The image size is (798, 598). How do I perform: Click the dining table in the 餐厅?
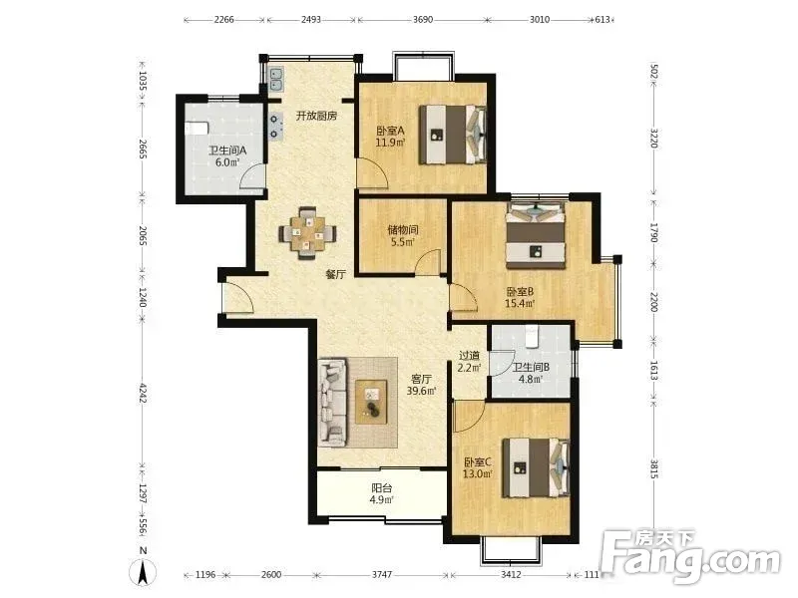pyautogui.click(x=307, y=233)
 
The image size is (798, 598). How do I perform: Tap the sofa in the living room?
pyautogui.click(x=333, y=403)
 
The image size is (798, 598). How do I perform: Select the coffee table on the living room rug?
pyautogui.click(x=371, y=402)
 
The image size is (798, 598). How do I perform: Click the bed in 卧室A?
pyautogui.click(x=452, y=135)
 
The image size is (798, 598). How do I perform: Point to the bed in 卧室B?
pyautogui.click(x=536, y=235)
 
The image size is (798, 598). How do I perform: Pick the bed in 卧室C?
pyautogui.click(x=536, y=467)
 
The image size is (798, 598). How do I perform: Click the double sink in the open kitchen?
pyautogui.click(x=276, y=79)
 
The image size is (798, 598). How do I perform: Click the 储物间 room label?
pyautogui.click(x=403, y=229)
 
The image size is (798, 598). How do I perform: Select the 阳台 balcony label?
pyautogui.click(x=382, y=488)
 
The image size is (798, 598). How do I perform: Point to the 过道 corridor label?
pyautogui.click(x=469, y=356)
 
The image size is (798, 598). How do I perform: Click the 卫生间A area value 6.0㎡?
pyautogui.click(x=227, y=162)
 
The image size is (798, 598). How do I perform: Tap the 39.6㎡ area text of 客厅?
pyautogui.click(x=421, y=391)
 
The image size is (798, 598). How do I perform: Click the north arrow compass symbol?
pyautogui.click(x=144, y=572)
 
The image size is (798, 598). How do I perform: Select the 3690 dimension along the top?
pyautogui.click(x=422, y=19)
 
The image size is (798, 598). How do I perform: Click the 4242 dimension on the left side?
pyautogui.click(x=143, y=393)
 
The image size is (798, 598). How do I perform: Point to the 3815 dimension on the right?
pyautogui.click(x=654, y=468)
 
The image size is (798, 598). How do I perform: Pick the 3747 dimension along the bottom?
pyautogui.click(x=382, y=574)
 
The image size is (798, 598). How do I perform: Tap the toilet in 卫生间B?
pyautogui.click(x=532, y=336)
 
